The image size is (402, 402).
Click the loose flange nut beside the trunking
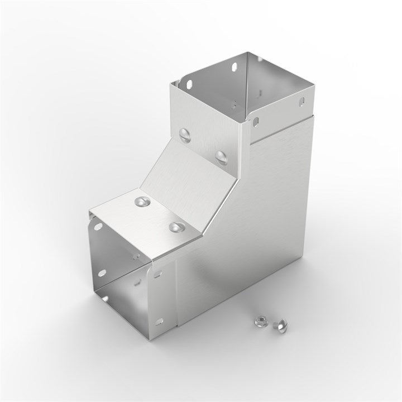[260, 320]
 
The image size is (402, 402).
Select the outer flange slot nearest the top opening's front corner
[256, 120]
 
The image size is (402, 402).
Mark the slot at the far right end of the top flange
[302, 102]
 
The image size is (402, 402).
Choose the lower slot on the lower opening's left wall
[101, 273]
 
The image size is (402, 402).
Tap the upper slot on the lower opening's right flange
[158, 274]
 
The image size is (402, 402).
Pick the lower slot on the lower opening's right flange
[160, 322]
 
